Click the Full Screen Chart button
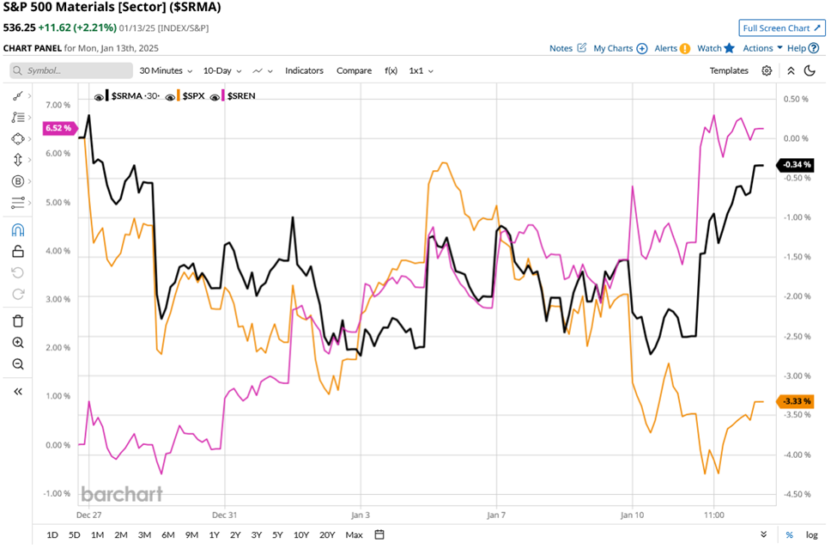782,28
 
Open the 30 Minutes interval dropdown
167,70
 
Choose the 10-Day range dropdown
221,70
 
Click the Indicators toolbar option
304,70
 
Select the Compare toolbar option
354,70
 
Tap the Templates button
729,70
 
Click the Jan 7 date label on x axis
496,515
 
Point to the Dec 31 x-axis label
224,515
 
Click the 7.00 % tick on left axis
58,105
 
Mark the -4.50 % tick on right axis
797,494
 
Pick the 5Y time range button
278,535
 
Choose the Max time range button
354,535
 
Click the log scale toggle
811,535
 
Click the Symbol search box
73,70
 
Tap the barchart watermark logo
121,494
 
